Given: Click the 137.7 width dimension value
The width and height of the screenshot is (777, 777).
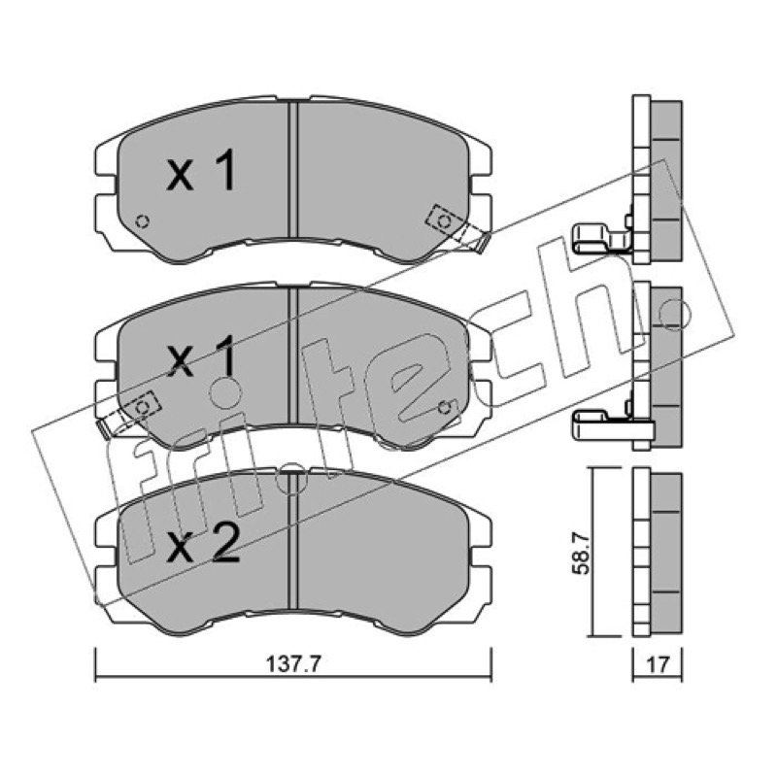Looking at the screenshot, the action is (294, 663).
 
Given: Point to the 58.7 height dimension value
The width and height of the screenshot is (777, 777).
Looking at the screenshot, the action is (581, 552).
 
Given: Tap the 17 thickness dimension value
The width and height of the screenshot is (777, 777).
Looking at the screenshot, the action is (658, 664).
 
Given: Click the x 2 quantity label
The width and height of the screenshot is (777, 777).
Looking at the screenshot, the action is (203, 544).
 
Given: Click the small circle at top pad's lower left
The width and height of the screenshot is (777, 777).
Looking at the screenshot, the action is (143, 221).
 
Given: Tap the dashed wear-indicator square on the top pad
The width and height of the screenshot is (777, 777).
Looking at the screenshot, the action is (445, 220).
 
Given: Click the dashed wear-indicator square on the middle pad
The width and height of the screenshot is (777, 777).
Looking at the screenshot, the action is (143, 406).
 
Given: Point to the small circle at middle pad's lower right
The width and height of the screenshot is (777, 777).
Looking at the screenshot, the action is (445, 407).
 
